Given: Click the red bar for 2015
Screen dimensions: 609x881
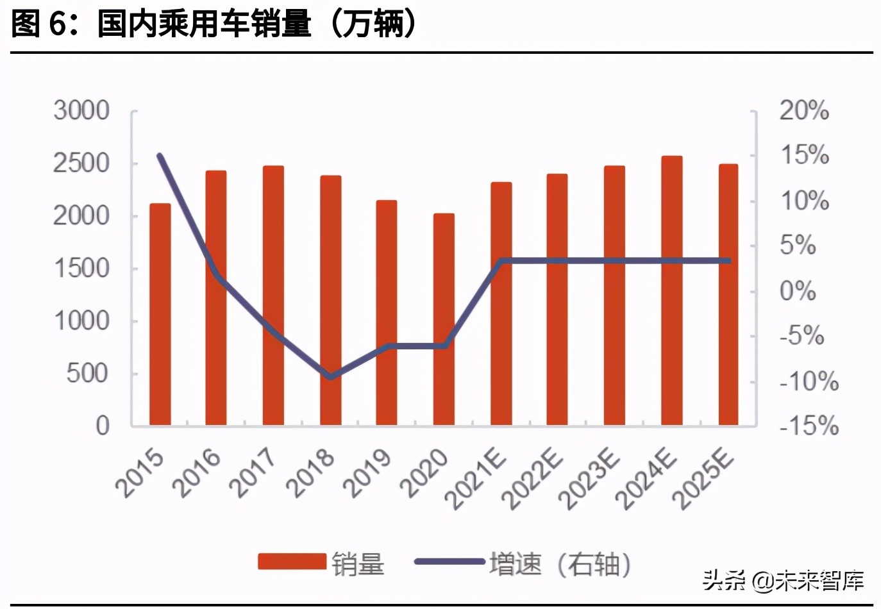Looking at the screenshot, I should coord(160,314).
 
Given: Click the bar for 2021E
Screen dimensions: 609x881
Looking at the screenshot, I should coord(501,304).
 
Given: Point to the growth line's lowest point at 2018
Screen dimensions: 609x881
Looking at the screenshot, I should coord(331,377).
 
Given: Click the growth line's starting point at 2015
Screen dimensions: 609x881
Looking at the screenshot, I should coord(160,156).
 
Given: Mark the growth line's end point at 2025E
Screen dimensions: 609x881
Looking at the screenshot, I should coord(728,261).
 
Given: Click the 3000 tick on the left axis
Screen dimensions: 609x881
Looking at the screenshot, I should coord(81,111).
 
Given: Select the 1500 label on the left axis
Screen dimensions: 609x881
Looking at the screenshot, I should coord(81,269).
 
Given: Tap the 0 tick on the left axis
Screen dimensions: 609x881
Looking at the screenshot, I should coord(103,426).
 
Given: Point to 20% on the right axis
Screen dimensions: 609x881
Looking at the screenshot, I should coord(804,111).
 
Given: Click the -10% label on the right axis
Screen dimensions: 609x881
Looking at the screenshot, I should coord(809,381).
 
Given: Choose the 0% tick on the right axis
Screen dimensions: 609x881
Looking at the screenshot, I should coord(798,291).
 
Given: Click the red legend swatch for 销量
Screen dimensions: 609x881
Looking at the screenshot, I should coord(292,562).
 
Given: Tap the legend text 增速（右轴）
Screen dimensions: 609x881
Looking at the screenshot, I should coord(560,564).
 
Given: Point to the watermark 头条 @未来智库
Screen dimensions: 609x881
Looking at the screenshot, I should coord(783,581).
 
